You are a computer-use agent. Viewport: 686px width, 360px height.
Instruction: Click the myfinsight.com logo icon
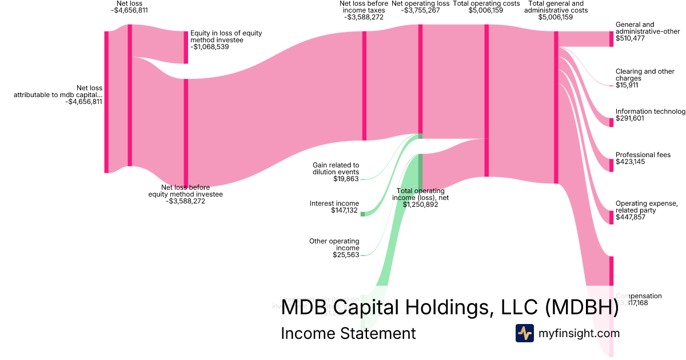pos(525,333)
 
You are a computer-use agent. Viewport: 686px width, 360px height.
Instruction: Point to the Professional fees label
pos(643,155)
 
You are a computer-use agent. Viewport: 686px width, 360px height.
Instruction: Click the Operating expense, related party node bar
pos(611,217)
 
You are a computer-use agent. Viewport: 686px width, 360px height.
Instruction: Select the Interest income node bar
pos(362,214)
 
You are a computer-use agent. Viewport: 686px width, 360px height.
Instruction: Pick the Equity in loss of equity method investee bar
pos(185,47)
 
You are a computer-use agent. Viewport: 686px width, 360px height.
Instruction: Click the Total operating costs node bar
pos(486,100)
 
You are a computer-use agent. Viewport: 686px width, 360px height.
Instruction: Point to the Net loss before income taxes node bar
pos(364,86)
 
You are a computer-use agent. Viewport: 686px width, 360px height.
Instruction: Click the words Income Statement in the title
pos(348,333)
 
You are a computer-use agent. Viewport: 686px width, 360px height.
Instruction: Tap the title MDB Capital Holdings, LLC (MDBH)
pos(450,307)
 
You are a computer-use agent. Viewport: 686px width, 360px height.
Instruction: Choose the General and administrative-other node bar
pos(611,38)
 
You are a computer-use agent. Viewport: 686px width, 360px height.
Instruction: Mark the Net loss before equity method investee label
pos(186,191)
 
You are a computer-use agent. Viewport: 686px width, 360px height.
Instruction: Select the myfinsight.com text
pos(579,333)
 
